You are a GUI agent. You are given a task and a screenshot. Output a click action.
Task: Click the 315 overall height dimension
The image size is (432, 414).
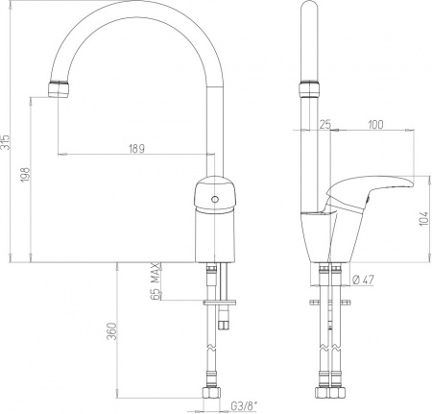[6, 142]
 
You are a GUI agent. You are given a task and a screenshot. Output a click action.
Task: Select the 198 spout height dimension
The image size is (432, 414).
[26, 175]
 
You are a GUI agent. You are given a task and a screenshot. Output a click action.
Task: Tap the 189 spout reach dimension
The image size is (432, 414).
[136, 149]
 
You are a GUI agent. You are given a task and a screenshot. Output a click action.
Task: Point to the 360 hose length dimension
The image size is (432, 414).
[111, 331]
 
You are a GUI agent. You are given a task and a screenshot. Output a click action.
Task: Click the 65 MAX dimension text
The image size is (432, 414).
[155, 281]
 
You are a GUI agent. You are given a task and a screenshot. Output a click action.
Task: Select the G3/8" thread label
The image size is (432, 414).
[244, 406]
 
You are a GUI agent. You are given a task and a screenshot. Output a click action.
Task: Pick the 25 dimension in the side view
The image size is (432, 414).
[325, 124]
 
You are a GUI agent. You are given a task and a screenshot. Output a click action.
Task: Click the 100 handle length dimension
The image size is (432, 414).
[375, 124]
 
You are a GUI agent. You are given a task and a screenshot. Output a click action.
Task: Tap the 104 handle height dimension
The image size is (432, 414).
[423, 218]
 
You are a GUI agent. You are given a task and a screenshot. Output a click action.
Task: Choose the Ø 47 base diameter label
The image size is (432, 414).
[363, 280]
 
